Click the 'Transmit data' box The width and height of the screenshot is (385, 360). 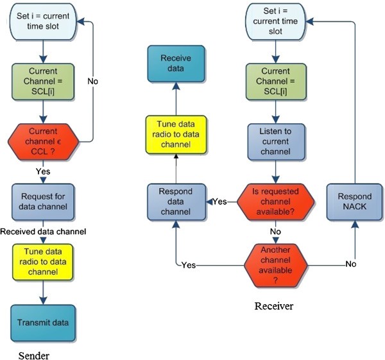pos(42,323)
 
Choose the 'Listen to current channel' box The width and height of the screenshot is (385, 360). pos(275,141)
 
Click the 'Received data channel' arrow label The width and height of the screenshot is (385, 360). pos(42,231)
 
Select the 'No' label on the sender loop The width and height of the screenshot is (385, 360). pos(93,81)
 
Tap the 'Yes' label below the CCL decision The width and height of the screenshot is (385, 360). pos(42,171)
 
